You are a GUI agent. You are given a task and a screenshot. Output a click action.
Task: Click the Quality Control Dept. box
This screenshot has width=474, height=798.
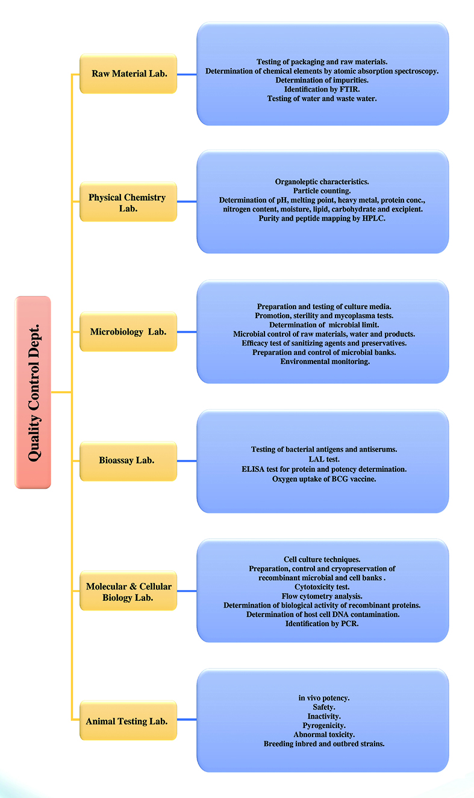point(33,392)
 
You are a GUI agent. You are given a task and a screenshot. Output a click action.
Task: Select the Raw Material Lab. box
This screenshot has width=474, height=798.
point(128,74)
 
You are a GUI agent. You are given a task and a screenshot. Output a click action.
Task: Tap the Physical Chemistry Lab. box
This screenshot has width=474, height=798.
point(128,202)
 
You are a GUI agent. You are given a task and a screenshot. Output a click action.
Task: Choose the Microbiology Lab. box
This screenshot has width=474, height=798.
point(128,331)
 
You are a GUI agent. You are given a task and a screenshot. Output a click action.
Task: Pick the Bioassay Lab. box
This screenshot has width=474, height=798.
point(128,461)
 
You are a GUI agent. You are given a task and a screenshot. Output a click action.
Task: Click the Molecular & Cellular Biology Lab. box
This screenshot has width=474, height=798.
point(128,591)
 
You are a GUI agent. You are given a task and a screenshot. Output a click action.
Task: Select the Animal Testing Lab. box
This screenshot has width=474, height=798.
point(128,720)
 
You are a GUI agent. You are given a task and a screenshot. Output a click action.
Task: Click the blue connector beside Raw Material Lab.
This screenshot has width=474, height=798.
point(187,75)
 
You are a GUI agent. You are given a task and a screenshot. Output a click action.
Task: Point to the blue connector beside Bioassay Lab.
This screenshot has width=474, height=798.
point(187,461)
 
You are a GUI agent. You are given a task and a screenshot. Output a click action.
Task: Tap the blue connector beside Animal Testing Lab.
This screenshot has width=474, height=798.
point(187,719)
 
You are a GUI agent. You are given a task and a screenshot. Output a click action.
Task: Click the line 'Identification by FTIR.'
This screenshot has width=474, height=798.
point(322,89)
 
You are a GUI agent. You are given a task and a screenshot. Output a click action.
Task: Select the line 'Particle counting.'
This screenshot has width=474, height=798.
point(322,191)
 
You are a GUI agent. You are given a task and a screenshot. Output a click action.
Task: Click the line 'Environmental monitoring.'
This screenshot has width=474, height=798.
point(325,362)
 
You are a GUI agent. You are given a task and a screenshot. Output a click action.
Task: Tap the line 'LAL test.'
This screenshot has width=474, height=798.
point(324,459)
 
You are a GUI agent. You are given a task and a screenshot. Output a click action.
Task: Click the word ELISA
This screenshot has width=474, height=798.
point(253,469)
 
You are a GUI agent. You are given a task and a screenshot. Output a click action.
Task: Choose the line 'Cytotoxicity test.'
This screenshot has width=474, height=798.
point(322,586)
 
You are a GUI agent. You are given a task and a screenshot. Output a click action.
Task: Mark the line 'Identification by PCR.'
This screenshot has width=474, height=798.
point(322,623)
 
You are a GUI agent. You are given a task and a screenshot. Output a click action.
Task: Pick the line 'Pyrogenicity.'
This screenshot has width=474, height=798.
point(324,725)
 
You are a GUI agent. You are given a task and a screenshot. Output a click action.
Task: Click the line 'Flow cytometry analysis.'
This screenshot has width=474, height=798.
point(322,596)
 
